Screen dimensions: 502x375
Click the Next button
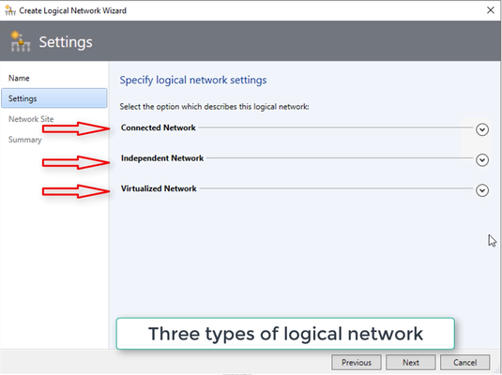coord(410,362)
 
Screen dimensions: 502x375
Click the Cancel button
coord(464,362)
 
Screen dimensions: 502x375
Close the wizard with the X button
coord(490,10)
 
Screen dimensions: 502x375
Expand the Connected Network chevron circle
coord(482,129)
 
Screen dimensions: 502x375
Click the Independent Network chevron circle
coord(482,159)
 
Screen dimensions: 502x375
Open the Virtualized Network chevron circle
coord(482,190)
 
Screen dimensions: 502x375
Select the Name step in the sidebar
coord(19,78)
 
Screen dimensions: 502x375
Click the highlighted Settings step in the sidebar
coord(54,98)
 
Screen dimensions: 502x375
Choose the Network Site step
coord(31,119)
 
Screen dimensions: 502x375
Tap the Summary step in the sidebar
coord(25,140)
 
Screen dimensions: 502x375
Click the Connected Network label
coord(159,127)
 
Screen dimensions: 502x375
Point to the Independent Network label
coord(162,158)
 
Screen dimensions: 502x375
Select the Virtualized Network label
coord(159,188)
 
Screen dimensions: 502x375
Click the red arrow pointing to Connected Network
coord(76,128)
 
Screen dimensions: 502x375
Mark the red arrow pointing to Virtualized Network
coord(76,191)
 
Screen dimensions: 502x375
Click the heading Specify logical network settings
coord(193,80)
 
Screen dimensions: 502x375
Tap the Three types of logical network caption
coord(285,334)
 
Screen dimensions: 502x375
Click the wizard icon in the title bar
coord(10,10)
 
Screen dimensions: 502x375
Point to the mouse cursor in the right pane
coord(492,241)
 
